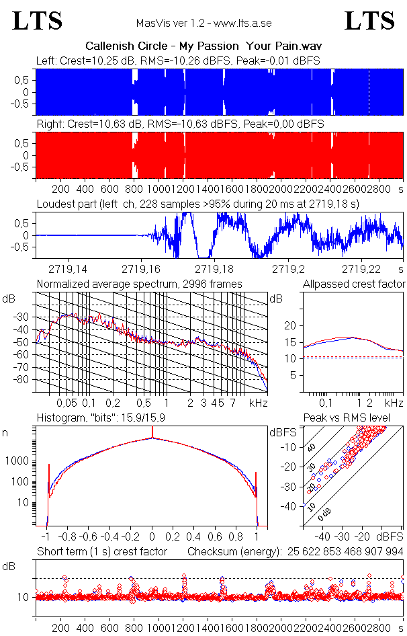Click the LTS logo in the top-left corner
[x=38, y=21]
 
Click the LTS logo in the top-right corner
[x=369, y=21]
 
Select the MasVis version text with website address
[x=203, y=24]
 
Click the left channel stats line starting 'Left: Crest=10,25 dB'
[x=178, y=61]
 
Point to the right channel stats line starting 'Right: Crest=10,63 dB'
[x=180, y=124]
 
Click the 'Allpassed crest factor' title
[x=354, y=284]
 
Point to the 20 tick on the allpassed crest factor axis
[x=291, y=325]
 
